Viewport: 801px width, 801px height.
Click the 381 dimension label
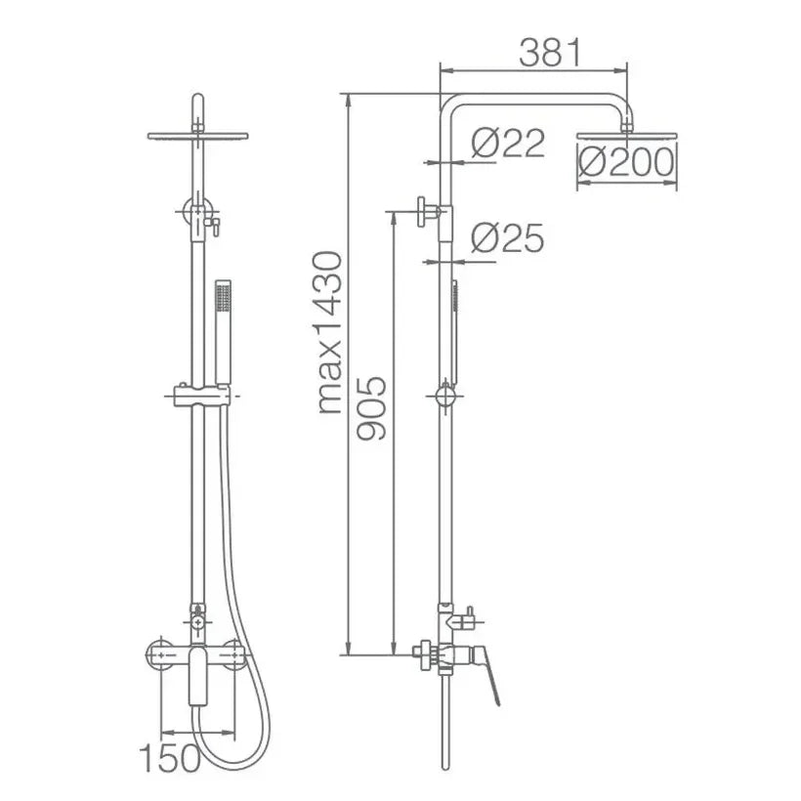[x=550, y=53]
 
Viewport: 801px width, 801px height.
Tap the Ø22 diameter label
[x=508, y=143]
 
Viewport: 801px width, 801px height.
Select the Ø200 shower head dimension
[x=626, y=162]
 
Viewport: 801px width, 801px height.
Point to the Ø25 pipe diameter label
[x=508, y=238]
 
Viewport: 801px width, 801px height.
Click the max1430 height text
[x=329, y=332]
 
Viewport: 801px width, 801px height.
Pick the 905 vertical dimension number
[x=371, y=408]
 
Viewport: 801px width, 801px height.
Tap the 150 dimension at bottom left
[x=170, y=758]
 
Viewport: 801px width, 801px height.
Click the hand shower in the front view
[x=224, y=332]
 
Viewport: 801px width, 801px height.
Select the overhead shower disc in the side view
[x=627, y=137]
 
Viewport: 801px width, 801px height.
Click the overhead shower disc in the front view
[x=197, y=137]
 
